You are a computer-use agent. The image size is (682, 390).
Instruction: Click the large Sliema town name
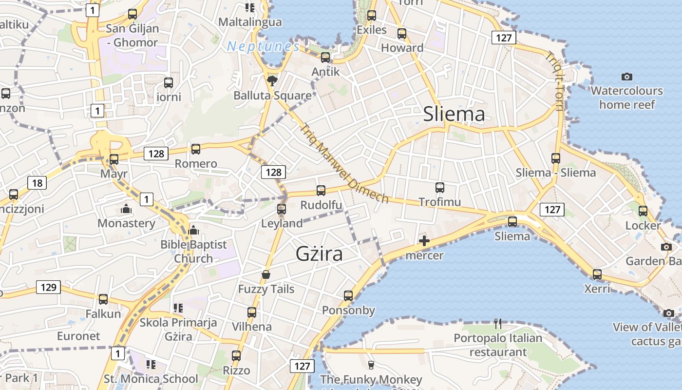click(x=454, y=115)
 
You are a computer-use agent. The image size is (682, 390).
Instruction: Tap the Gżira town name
click(x=319, y=254)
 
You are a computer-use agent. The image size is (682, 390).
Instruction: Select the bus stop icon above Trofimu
click(x=440, y=187)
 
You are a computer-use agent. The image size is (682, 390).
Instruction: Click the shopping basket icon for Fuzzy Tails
click(x=266, y=274)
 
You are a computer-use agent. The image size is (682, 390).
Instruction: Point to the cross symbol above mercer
click(x=424, y=240)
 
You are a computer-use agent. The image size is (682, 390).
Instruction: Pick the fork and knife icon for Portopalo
click(x=497, y=323)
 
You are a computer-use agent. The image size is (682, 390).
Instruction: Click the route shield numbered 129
click(x=48, y=287)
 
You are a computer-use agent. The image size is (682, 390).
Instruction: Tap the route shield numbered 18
click(x=38, y=183)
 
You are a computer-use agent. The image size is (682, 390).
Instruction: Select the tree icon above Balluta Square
click(x=272, y=80)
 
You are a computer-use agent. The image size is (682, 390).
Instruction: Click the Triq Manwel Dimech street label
click(x=344, y=164)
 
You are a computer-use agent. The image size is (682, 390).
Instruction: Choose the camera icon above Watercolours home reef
click(x=627, y=77)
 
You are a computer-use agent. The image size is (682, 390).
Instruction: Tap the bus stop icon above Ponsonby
click(x=348, y=295)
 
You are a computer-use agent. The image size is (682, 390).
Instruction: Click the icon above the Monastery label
click(x=126, y=209)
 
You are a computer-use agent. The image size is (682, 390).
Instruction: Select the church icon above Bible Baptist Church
click(x=193, y=230)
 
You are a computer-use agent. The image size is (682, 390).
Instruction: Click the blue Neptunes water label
click(x=263, y=47)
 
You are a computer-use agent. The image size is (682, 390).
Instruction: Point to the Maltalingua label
click(x=250, y=22)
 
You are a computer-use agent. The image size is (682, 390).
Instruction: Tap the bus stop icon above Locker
click(x=643, y=211)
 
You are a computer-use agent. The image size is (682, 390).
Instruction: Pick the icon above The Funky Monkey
click(x=371, y=365)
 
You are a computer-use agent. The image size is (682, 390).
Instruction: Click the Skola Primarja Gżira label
click(x=178, y=329)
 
